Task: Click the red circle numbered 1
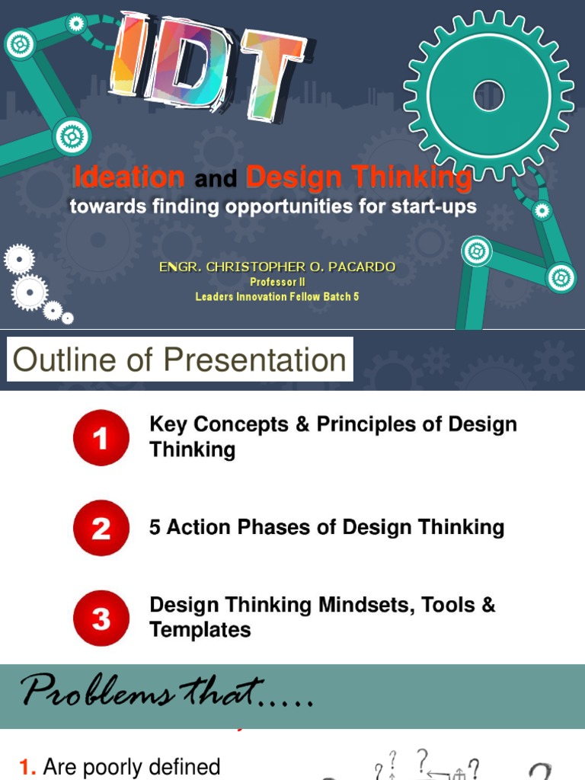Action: (x=101, y=437)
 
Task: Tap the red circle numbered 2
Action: (x=101, y=528)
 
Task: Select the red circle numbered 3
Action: (x=101, y=618)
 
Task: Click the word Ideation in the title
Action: (x=129, y=178)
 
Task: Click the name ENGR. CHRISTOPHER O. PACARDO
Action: (x=277, y=267)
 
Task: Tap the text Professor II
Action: (x=277, y=282)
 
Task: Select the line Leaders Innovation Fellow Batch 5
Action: (x=277, y=296)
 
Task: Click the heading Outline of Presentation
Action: (x=180, y=360)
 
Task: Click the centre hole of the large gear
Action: (x=488, y=97)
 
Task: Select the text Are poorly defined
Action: (x=131, y=766)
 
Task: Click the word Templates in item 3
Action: (x=200, y=630)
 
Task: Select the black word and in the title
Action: (x=216, y=181)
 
